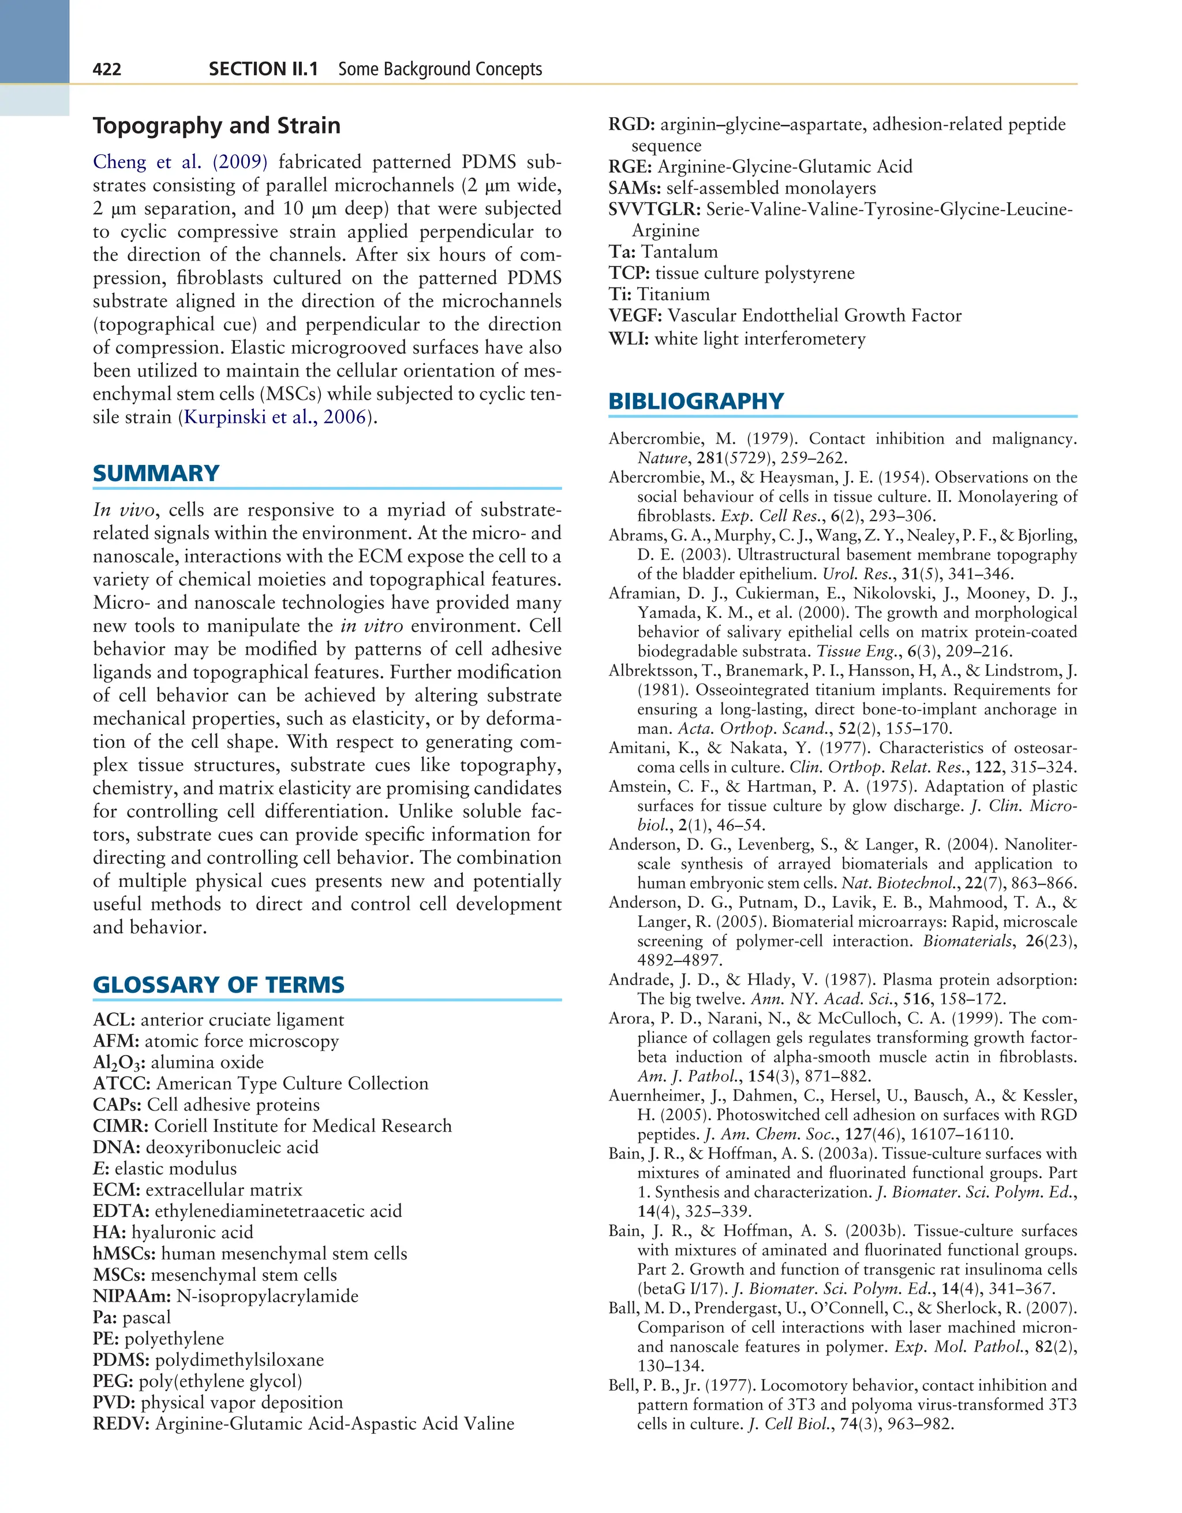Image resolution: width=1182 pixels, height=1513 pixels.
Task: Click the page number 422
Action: (x=107, y=69)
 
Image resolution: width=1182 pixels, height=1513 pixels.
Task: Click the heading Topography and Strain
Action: (x=217, y=125)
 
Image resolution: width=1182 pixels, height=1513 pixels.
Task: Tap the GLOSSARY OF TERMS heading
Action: (x=218, y=985)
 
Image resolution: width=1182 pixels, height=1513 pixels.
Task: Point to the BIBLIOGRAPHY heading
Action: (x=695, y=401)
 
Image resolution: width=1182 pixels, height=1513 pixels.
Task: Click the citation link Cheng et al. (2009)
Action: (x=180, y=162)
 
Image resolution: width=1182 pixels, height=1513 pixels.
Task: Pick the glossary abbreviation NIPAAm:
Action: (x=132, y=1296)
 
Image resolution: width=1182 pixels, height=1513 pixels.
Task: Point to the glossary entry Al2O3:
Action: (x=119, y=1063)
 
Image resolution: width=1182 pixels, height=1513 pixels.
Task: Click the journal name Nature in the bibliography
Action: (x=662, y=458)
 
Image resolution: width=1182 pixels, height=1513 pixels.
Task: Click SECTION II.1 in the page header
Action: (x=263, y=69)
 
